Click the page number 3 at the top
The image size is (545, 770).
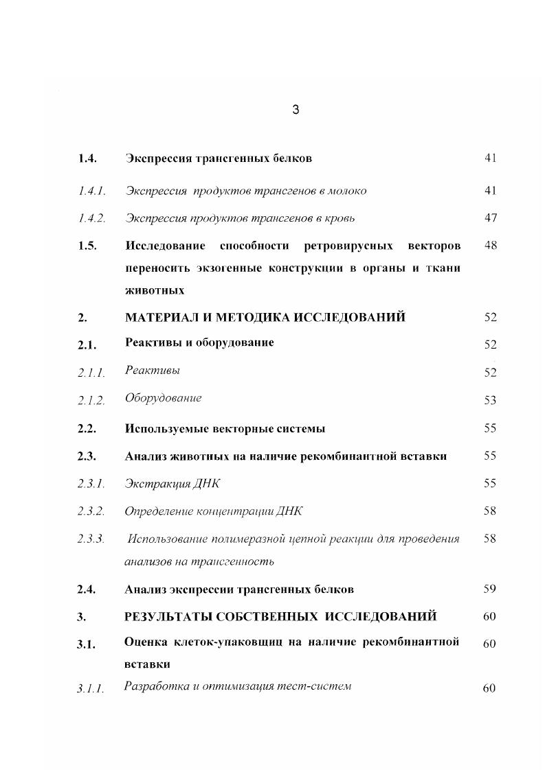[x=296, y=109]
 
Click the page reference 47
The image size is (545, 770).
[x=489, y=218]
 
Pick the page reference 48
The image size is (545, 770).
[x=489, y=246]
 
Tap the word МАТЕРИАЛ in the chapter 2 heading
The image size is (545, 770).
[x=159, y=317]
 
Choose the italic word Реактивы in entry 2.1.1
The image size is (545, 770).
[x=153, y=371]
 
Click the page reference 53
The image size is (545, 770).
[x=489, y=401]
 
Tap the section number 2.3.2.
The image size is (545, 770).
[x=91, y=512]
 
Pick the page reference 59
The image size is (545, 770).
[x=489, y=589]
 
